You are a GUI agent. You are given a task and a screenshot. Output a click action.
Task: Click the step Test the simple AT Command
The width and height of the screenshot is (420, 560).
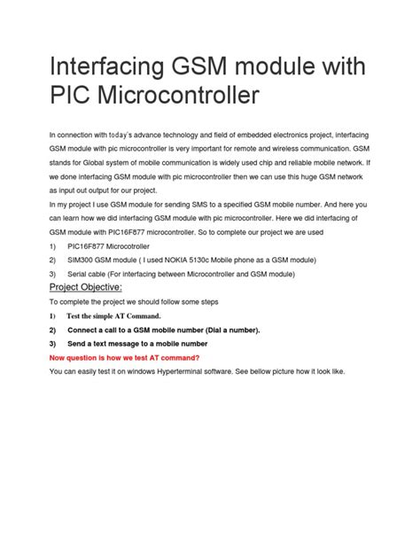[x=114, y=316]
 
